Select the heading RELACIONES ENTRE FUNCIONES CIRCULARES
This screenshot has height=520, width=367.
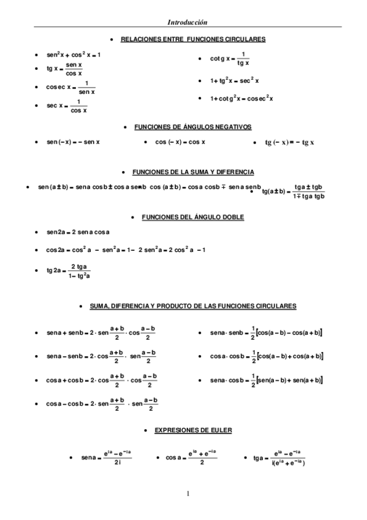coord(193,39)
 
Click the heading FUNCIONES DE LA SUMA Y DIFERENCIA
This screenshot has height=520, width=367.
coord(193,172)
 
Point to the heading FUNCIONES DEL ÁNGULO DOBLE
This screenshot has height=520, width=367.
coord(192,217)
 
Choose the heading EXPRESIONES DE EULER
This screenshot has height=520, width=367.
coord(192,430)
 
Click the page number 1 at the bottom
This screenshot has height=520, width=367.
coord(189,494)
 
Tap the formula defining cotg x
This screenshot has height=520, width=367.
coord(230,58)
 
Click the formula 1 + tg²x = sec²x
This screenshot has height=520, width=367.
coord(235,80)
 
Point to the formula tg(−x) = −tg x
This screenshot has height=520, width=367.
coord(289,143)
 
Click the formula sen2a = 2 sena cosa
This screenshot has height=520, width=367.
coord(79,232)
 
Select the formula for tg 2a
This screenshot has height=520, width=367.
coord(69,271)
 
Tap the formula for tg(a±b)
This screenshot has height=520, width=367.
coord(293,191)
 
